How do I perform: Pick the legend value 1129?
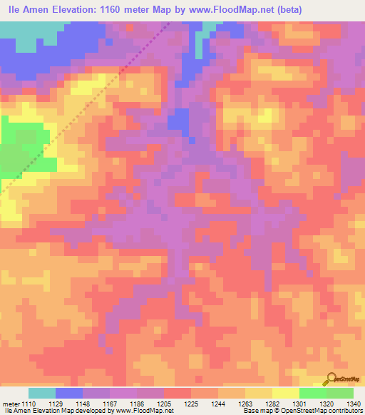click(66, 404)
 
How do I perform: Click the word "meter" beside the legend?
click(13, 404)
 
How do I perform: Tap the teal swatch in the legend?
click(42, 393)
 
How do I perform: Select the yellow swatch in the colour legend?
click(286, 393)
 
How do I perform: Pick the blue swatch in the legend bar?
click(69, 393)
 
